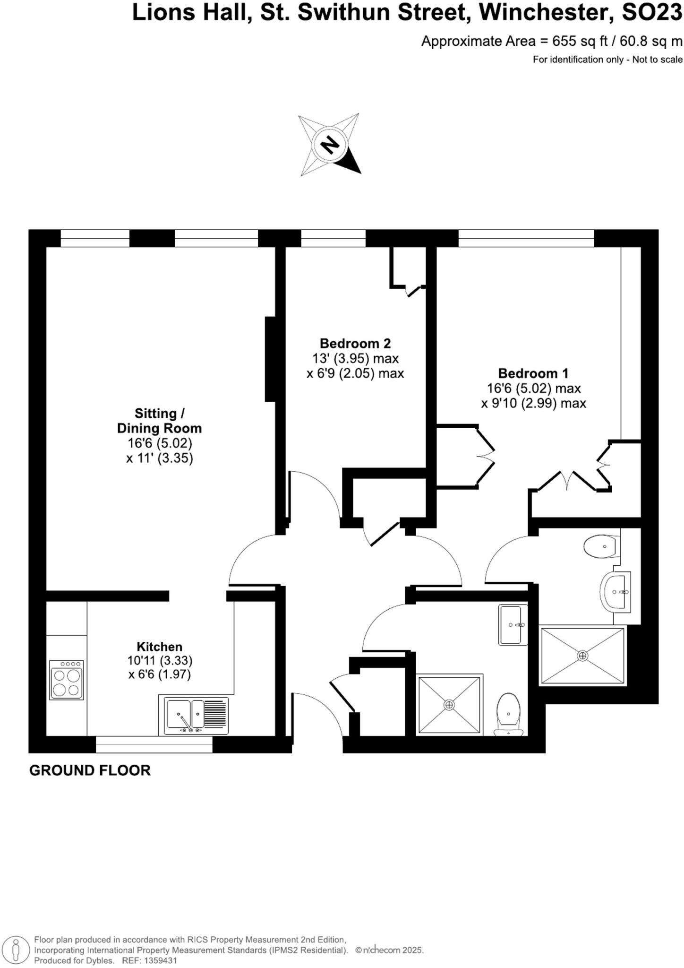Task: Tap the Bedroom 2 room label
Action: [x=355, y=344]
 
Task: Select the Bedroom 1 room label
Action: [x=533, y=373]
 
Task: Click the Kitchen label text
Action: [x=159, y=647]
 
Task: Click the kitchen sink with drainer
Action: [x=196, y=716]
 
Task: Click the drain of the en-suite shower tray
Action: [x=582, y=656]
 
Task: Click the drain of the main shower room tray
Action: [x=449, y=705]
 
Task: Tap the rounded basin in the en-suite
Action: [x=616, y=592]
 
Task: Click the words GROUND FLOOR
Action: [x=90, y=770]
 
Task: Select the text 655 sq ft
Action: [x=581, y=42]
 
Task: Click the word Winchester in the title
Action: [x=543, y=13]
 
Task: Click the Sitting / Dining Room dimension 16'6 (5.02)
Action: [x=160, y=443]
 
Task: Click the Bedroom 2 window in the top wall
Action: [x=333, y=238]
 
